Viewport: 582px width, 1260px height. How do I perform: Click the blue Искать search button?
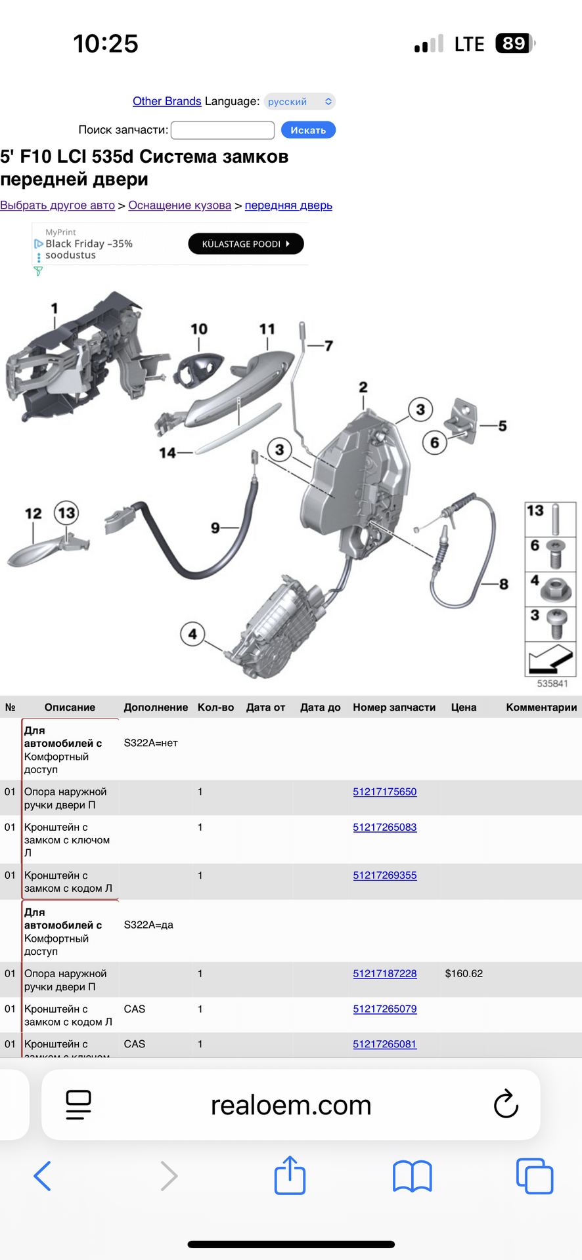click(308, 130)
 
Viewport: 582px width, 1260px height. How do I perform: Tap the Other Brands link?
click(167, 101)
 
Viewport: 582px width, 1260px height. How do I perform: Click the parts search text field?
click(223, 130)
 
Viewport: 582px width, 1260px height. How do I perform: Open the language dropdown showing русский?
click(300, 102)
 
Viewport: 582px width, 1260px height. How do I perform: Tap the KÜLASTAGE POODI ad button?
click(246, 244)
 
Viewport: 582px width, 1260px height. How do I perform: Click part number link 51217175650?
click(384, 791)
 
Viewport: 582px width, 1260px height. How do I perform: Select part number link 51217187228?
click(384, 973)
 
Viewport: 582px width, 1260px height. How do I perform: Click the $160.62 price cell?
click(464, 973)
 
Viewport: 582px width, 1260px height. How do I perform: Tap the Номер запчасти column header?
click(394, 707)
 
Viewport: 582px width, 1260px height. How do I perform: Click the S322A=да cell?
click(148, 925)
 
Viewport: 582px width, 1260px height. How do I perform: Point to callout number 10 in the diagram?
click(199, 329)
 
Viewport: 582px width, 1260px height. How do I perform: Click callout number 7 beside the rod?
click(328, 346)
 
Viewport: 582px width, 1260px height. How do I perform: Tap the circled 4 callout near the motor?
click(192, 634)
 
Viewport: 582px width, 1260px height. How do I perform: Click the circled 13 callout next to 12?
click(66, 513)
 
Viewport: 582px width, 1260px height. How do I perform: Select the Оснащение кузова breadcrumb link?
click(179, 205)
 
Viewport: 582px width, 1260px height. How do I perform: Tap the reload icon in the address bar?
click(506, 1104)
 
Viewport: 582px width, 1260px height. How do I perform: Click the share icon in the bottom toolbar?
click(290, 1175)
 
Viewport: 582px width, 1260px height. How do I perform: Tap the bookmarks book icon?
click(412, 1175)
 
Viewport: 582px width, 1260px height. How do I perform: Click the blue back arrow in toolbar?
click(42, 1175)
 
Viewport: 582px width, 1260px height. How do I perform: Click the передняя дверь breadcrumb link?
click(288, 205)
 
